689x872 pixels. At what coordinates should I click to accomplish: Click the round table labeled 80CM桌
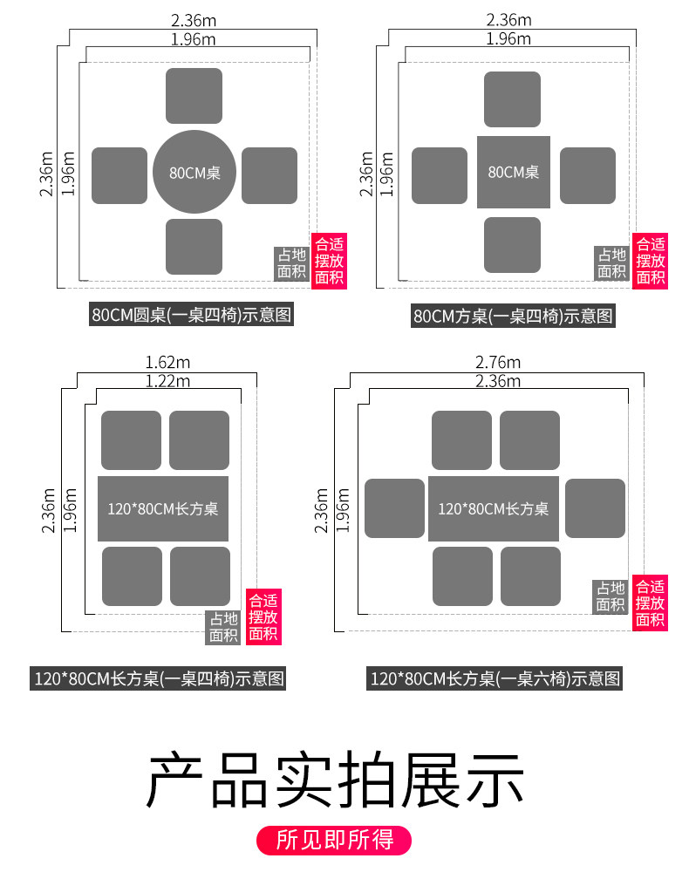194,172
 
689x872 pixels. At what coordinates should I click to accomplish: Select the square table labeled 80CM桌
513,172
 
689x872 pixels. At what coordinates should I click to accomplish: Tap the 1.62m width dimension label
167,362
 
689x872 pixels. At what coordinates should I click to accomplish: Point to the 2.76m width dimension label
497,362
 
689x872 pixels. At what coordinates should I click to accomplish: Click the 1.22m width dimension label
167,380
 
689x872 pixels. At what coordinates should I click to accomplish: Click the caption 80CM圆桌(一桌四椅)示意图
192,315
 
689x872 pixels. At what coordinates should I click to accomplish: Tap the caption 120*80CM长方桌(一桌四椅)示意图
159,678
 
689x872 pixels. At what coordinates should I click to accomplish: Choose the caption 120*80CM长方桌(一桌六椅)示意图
495,678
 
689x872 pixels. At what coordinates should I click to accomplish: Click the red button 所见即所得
335,840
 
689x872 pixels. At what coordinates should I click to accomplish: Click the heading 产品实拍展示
335,779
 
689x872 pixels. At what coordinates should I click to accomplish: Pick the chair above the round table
194,96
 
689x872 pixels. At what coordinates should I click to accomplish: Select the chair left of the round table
119,175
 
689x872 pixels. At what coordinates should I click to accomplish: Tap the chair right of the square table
587,175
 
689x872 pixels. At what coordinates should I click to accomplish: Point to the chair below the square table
512,245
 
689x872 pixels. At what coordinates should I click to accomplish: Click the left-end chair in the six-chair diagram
394,508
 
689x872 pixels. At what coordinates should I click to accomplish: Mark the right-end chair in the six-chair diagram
595,508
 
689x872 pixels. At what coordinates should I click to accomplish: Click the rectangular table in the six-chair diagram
493,508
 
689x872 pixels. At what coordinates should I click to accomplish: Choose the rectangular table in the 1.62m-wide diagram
163,508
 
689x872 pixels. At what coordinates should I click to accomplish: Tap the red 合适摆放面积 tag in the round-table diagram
330,261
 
